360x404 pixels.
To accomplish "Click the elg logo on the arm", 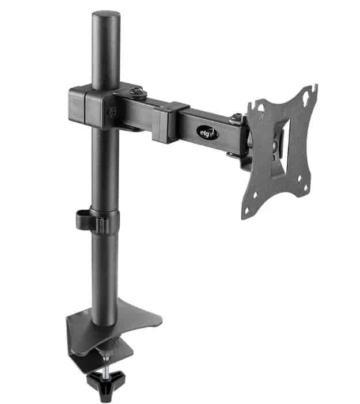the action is pyautogui.click(x=208, y=133).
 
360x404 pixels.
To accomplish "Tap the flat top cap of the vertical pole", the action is pyautogui.click(x=106, y=14).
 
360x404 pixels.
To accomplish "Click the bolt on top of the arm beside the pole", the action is pyautogui.click(x=138, y=92).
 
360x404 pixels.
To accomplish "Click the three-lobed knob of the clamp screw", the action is pyautogui.click(x=106, y=382).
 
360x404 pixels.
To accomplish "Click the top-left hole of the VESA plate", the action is pyautogui.click(x=260, y=107).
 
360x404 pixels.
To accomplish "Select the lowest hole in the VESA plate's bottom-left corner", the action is pyautogui.click(x=247, y=211).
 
